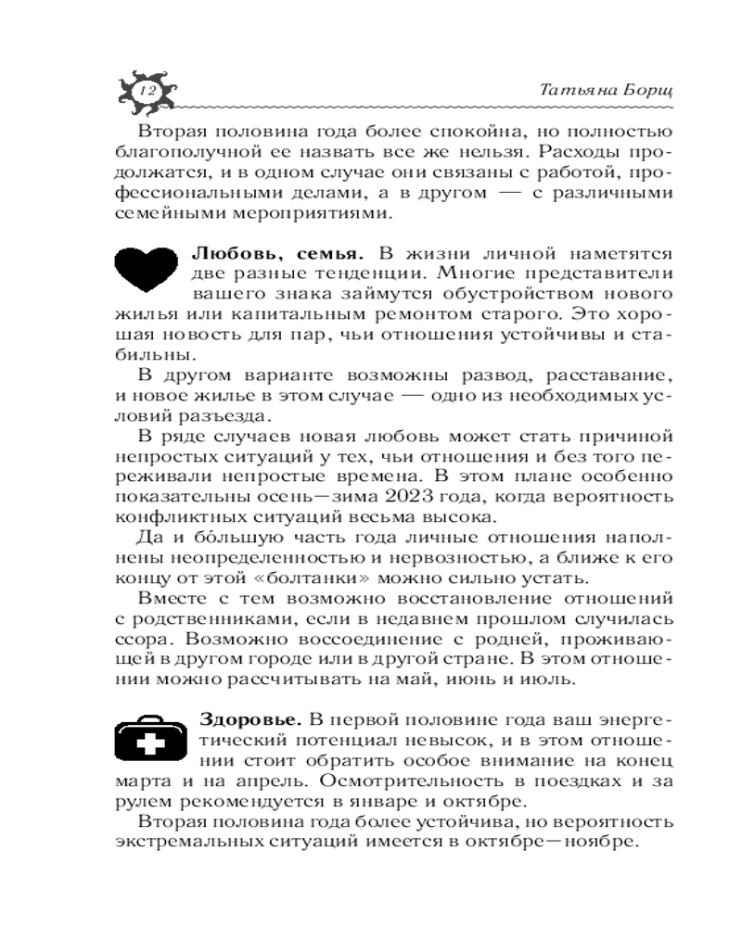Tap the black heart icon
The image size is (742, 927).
[x=145, y=267]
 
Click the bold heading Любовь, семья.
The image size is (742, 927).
[x=275, y=252]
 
